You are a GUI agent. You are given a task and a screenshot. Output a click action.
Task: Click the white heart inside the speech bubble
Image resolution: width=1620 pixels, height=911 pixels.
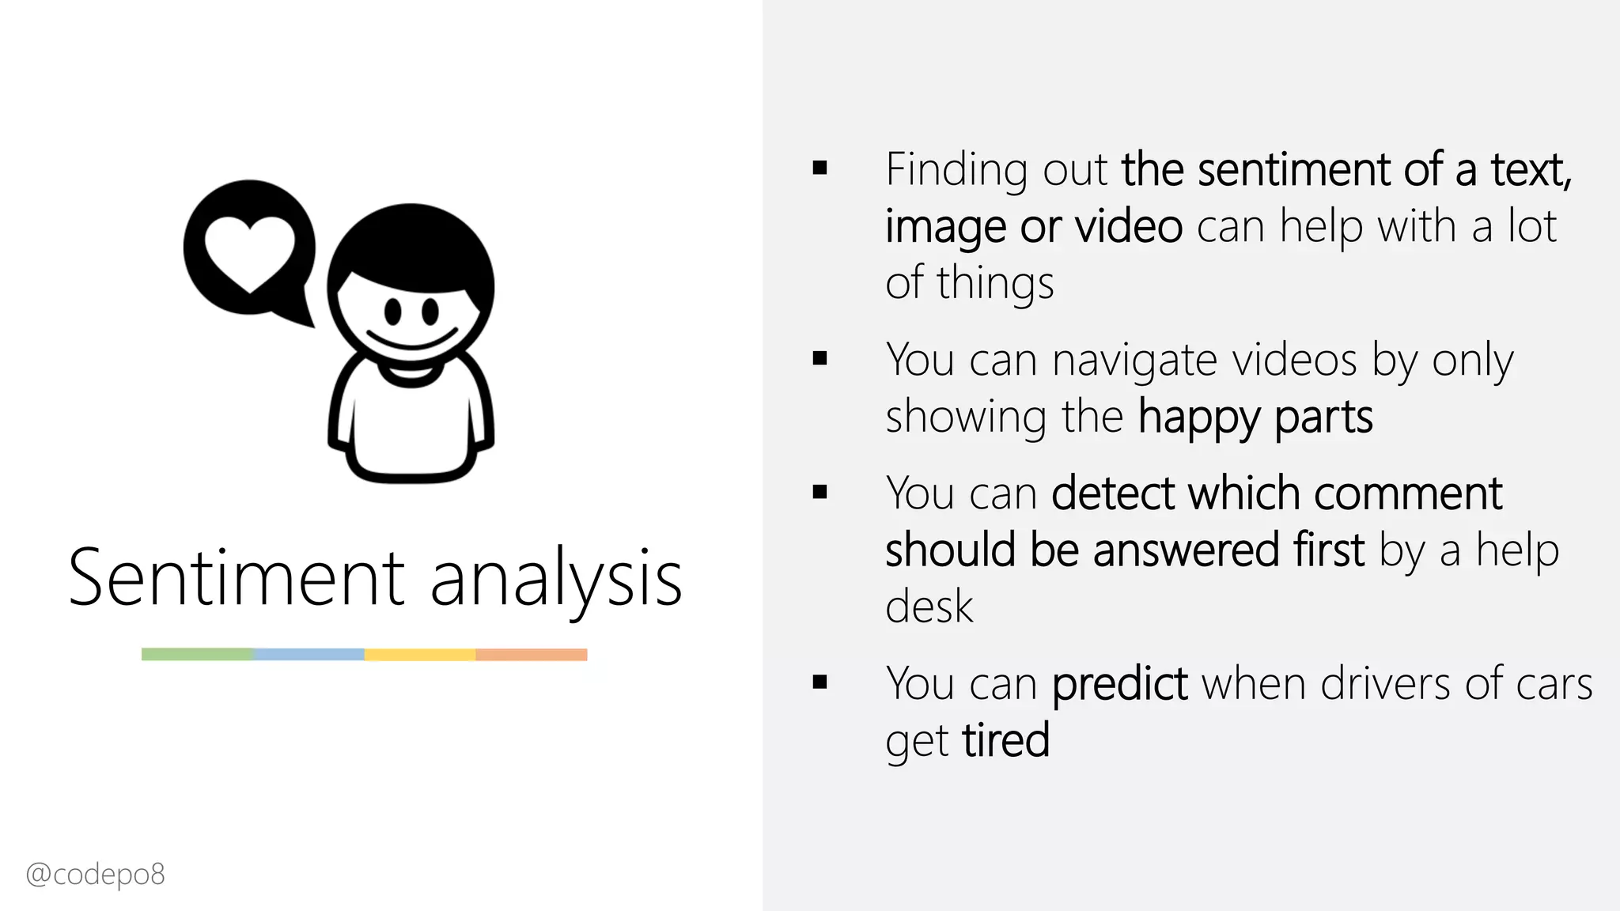click(x=249, y=250)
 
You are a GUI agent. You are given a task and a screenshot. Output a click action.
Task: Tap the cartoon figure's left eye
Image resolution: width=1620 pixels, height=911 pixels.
click(x=394, y=311)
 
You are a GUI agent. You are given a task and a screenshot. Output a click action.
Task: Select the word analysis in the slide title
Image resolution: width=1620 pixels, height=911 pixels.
click(x=556, y=581)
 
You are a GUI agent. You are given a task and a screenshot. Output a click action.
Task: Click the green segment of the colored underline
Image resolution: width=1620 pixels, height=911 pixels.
click(x=198, y=654)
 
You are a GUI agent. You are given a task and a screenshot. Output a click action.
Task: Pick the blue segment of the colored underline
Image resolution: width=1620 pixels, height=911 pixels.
click(x=309, y=654)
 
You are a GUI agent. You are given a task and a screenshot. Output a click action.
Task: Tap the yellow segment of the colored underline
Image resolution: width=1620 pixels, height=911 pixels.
click(x=420, y=654)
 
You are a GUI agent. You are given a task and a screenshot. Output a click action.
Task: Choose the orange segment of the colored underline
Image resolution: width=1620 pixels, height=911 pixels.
click(x=532, y=654)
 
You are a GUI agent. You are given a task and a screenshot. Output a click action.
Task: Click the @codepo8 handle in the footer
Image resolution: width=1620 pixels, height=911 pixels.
click(x=96, y=875)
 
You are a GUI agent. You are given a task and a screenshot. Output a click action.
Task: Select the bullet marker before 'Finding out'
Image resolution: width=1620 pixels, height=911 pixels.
click(x=819, y=168)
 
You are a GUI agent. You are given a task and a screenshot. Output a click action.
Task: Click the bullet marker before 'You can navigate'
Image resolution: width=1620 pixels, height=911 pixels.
click(x=819, y=358)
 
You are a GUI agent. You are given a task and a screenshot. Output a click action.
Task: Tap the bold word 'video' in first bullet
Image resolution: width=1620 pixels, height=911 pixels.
click(x=1129, y=227)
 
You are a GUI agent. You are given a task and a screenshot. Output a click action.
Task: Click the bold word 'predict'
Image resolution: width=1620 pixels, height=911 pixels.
click(x=1119, y=684)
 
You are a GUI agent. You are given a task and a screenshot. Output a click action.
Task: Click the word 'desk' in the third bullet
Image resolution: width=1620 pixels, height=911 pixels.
click(x=929, y=607)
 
